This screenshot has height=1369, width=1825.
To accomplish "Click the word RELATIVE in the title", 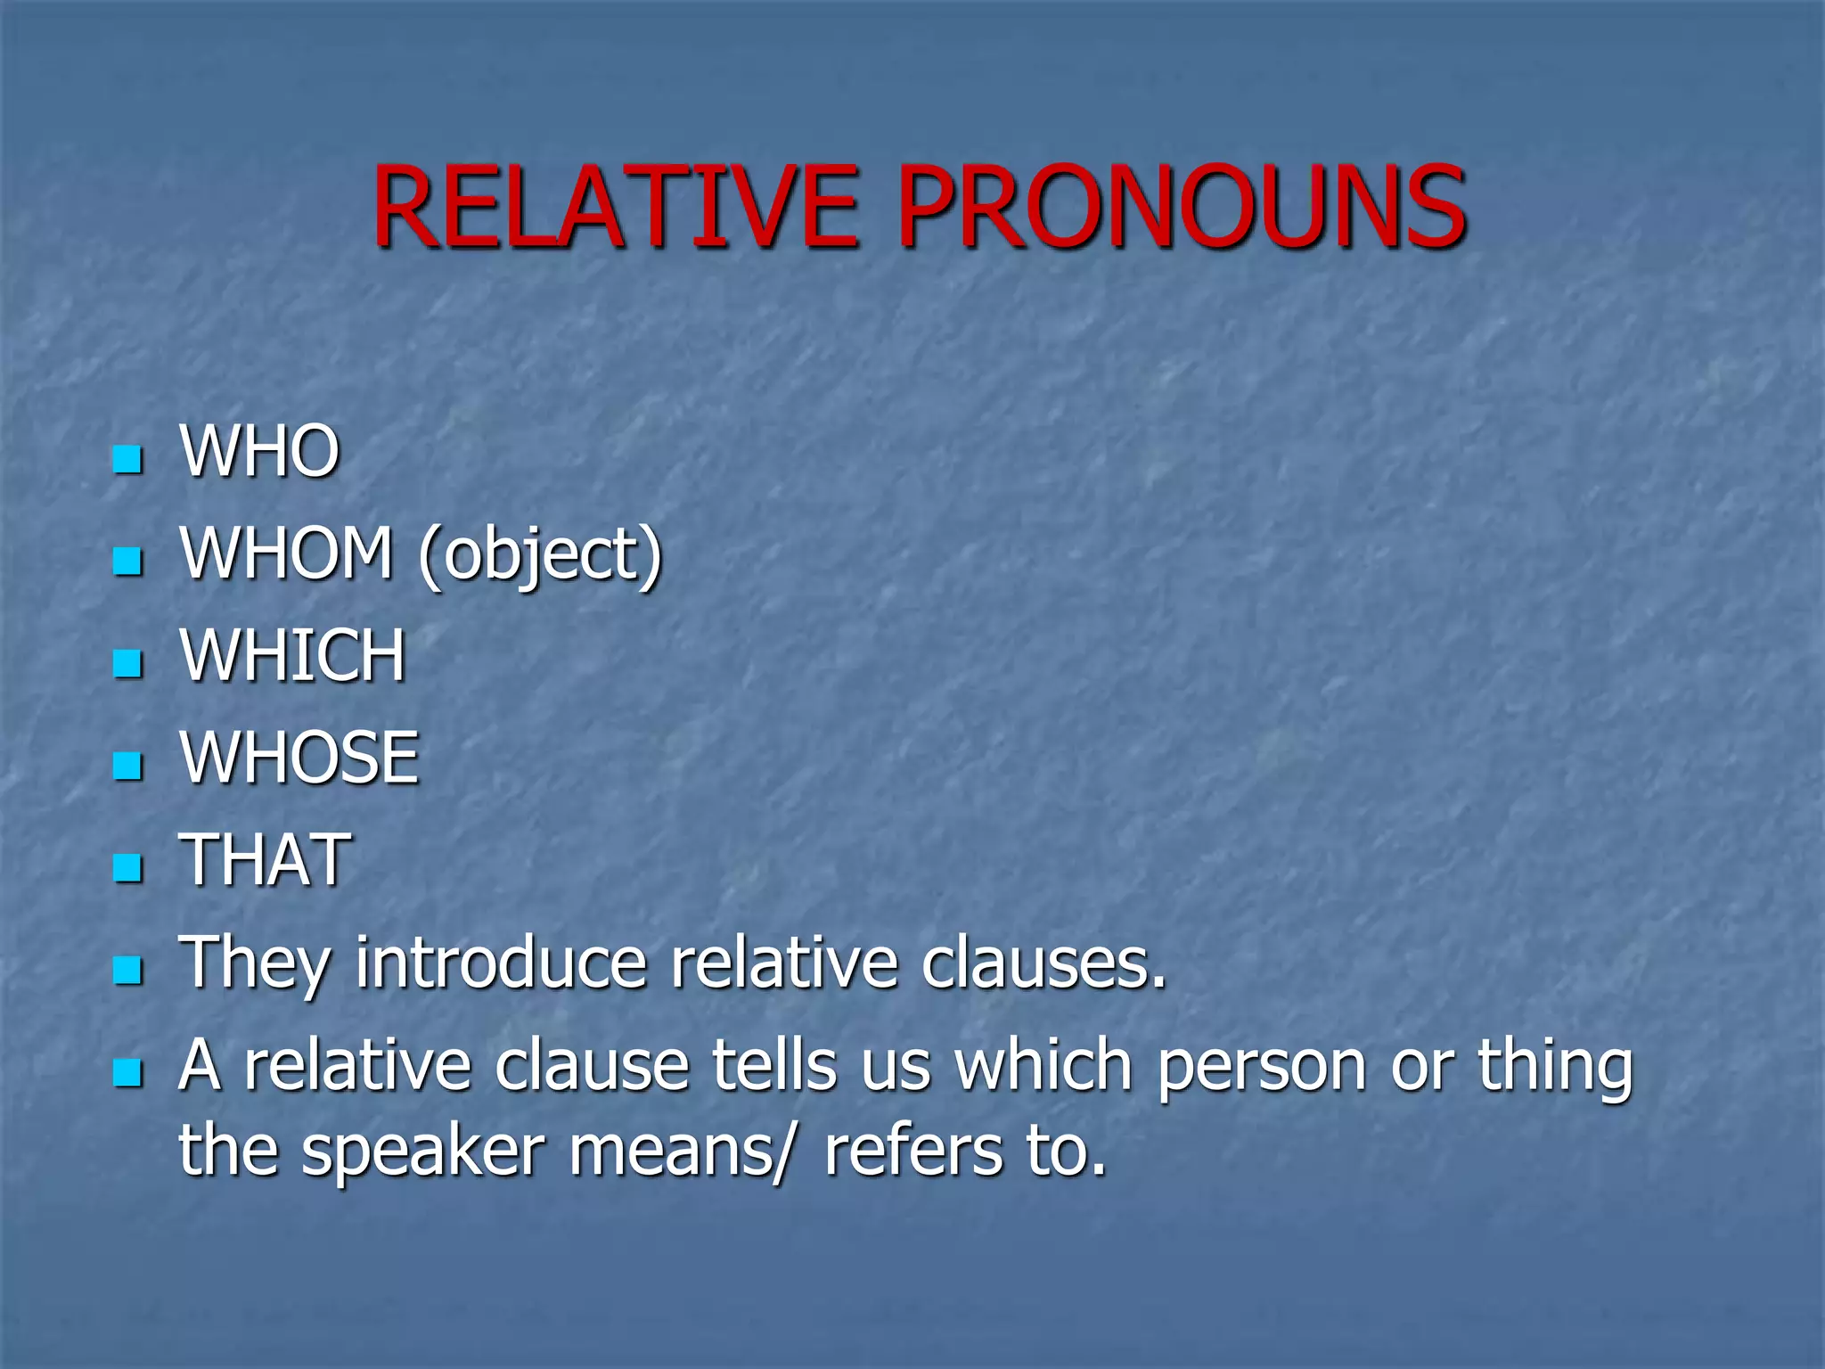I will coord(615,207).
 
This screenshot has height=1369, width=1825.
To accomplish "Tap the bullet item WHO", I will coord(259,452).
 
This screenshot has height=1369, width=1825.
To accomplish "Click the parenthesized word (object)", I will coord(541,555).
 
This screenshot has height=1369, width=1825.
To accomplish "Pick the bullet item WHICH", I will coord(293,656).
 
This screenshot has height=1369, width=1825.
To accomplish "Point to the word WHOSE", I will coord(299,758).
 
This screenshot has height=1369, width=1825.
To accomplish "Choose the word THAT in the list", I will coord(266,860).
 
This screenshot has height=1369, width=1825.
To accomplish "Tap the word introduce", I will coord(501,963).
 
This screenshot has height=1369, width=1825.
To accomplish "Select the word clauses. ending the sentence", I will coord(1043,963).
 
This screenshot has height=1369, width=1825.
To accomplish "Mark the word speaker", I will coord(422,1152).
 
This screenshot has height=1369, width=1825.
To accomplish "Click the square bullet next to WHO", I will coord(128,460).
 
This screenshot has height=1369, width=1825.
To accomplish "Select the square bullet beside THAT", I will coord(128,867).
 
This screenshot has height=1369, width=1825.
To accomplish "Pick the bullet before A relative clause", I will coord(128,1072).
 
